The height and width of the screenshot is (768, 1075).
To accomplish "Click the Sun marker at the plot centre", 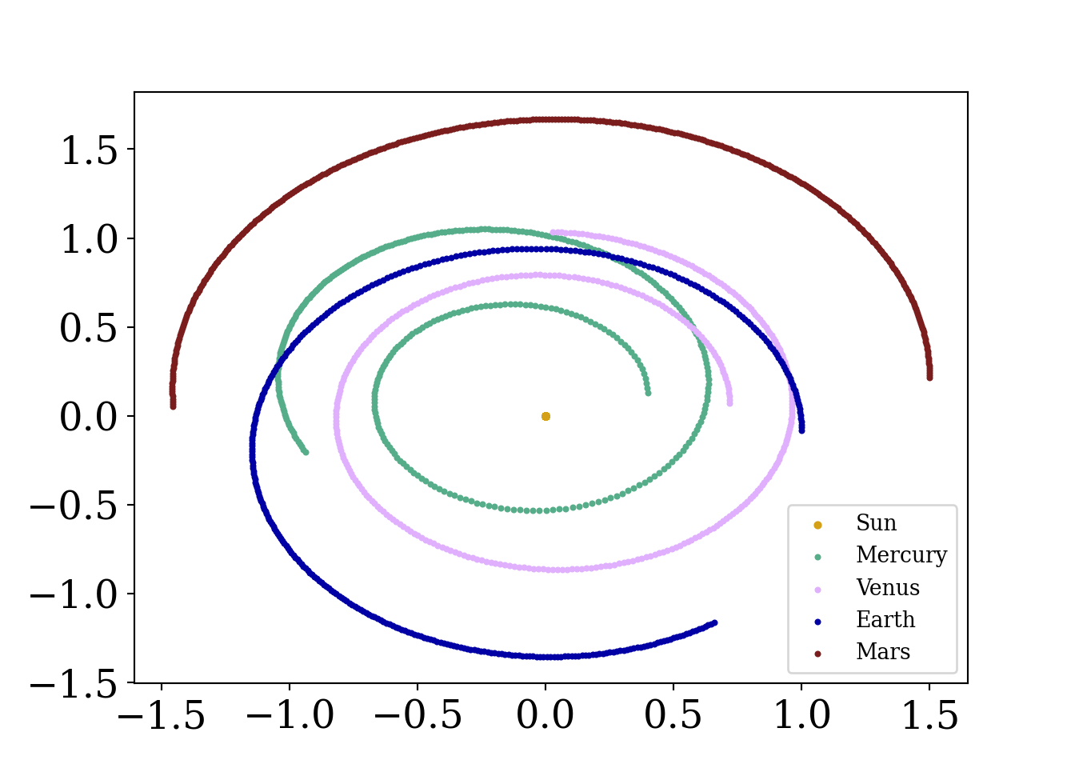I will [545, 416].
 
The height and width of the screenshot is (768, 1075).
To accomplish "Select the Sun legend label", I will [876, 523].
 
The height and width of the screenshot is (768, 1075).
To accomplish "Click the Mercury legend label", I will [901, 555].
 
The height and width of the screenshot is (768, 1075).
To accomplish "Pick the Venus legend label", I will [887, 588].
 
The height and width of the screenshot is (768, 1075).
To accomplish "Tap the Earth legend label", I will [885, 620].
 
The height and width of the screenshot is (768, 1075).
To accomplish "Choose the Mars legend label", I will [882, 652].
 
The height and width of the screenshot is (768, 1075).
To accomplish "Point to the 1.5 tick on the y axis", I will [90, 150].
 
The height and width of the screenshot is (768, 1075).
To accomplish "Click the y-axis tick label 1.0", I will [90, 239].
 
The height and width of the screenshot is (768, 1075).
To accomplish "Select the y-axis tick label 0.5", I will [90, 328].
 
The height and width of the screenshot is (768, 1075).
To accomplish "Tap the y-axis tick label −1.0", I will [74, 594].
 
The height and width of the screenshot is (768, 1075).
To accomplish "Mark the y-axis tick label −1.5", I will [74, 683].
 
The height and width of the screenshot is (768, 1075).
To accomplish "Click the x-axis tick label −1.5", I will [162, 714].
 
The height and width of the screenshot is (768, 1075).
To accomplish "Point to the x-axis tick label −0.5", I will [418, 714].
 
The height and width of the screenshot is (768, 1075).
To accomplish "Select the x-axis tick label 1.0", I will [801, 714].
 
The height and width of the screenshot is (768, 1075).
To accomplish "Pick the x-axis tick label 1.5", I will [929, 714].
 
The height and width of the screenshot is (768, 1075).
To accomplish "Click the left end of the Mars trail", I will [173, 406].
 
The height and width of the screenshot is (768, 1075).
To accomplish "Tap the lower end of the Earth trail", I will [714, 622].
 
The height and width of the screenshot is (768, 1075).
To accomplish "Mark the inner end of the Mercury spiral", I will [648, 393].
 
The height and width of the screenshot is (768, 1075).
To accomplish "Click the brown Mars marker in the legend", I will [817, 654].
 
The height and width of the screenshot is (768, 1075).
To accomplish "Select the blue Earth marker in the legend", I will [817, 622].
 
